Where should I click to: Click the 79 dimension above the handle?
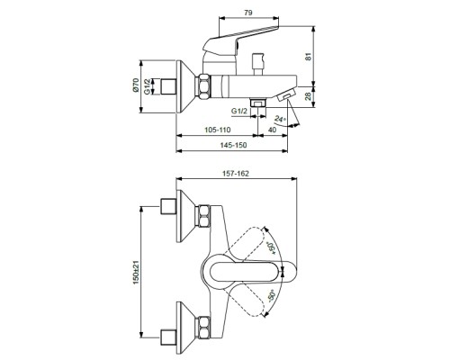[248, 13]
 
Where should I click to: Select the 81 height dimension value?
[309, 57]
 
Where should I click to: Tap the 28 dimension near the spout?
[308, 96]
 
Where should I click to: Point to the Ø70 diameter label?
[136, 85]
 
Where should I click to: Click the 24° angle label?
[281, 119]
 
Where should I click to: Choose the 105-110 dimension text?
[218, 130]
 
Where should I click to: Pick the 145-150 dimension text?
[233, 145]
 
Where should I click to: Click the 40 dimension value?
[272, 130]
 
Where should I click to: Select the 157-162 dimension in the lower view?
[236, 174]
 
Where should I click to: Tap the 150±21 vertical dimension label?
[137, 273]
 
